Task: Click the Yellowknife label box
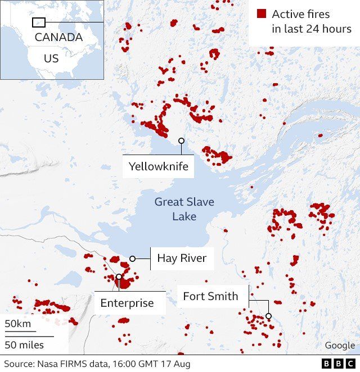coord(158,166)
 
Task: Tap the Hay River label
coord(182,258)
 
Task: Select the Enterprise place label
coord(127,303)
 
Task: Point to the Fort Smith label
coord(211,296)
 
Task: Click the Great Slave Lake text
coord(184,208)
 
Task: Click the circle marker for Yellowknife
coord(181,140)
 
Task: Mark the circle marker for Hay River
coord(133,258)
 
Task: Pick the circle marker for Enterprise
coord(119,276)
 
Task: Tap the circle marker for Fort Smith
coord(269,316)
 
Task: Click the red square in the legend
coord(262,13)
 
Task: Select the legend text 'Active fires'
coord(301,14)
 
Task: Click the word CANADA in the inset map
coord(58,38)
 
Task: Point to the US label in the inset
coord(51,58)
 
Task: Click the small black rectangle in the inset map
coord(39,22)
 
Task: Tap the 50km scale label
coord(19,325)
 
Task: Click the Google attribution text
coord(340,345)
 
